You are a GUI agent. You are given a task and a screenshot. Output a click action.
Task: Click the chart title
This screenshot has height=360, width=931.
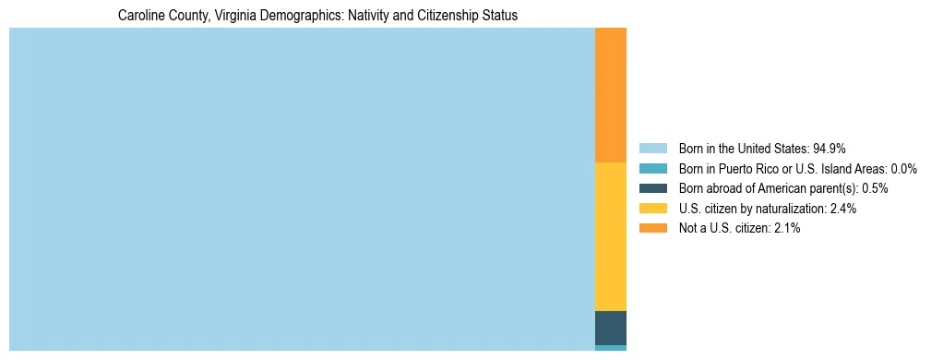pyautogui.click(x=317, y=16)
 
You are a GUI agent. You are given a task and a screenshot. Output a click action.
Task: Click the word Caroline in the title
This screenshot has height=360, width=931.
pyautogui.click(x=140, y=16)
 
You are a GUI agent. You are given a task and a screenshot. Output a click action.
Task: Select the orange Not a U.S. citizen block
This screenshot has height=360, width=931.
pyautogui.click(x=611, y=95)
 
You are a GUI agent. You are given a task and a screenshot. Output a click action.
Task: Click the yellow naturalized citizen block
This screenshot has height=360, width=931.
pyautogui.click(x=611, y=236)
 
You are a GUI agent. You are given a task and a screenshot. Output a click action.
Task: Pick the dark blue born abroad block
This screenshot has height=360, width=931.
pyautogui.click(x=611, y=328)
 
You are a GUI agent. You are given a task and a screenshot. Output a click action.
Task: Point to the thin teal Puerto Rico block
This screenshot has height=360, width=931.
pyautogui.click(x=611, y=348)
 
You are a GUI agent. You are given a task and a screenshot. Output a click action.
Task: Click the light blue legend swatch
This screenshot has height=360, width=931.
pyautogui.click(x=652, y=149)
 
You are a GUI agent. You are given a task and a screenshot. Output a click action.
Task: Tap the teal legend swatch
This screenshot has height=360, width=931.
pyautogui.click(x=652, y=169)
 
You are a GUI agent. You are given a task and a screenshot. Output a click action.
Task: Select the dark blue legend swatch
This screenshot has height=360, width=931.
pyautogui.click(x=652, y=188)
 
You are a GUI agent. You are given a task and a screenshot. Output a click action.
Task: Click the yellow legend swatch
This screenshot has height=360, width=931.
pyautogui.click(x=652, y=209)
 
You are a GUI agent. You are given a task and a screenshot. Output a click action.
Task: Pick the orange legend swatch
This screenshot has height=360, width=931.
pyautogui.click(x=652, y=228)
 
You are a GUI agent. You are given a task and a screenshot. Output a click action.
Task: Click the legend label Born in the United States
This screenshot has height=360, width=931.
pyautogui.click(x=744, y=149)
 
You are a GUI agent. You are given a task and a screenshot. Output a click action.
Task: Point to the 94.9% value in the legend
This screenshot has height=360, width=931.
pyautogui.click(x=830, y=149)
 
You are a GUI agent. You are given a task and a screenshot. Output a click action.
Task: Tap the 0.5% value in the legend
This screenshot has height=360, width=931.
pyautogui.click(x=875, y=188)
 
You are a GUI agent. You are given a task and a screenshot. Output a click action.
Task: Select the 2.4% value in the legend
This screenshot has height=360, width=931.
pyautogui.click(x=842, y=209)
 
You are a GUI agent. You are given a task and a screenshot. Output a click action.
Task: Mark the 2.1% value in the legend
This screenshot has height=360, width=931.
pyautogui.click(x=786, y=228)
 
